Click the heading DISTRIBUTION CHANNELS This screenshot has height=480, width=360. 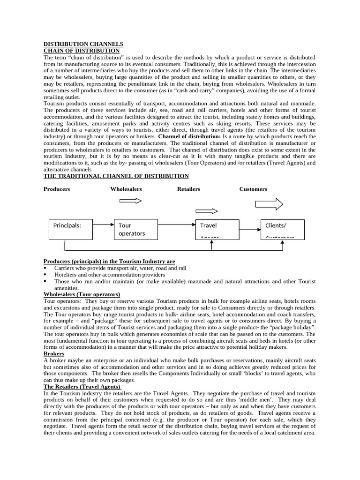point(83,44)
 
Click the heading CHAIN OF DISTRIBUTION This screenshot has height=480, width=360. point(82,50)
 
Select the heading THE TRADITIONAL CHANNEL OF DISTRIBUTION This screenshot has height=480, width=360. point(116,176)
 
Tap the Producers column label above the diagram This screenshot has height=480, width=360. point(57,189)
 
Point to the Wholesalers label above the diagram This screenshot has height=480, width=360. point(126,189)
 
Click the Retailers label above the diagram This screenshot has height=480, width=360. point(188,189)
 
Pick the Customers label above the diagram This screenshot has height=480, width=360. point(253,189)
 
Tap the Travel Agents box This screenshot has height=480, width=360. point(217,229)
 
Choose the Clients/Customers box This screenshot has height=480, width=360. point(282,229)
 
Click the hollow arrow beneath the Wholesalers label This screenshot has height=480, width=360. point(131,201)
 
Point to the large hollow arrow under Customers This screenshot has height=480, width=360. point(269,204)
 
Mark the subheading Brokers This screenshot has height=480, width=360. point(54,354)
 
